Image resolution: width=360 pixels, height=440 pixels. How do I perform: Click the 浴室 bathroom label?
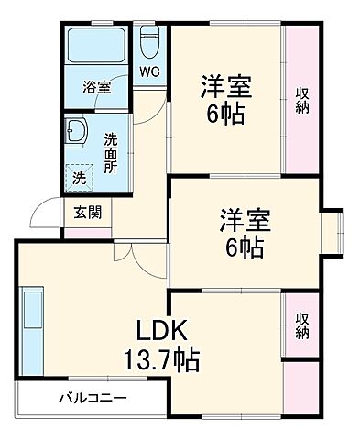[97, 88]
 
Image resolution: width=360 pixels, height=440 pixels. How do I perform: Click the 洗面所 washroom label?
[111, 153]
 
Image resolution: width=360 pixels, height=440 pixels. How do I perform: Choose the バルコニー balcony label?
[93, 399]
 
